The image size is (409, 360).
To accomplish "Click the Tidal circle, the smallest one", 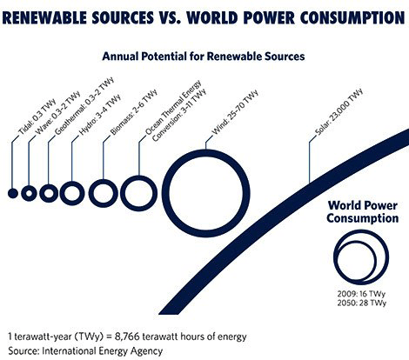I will tap(13, 193).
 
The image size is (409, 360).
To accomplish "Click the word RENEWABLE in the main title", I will tap(57, 17).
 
